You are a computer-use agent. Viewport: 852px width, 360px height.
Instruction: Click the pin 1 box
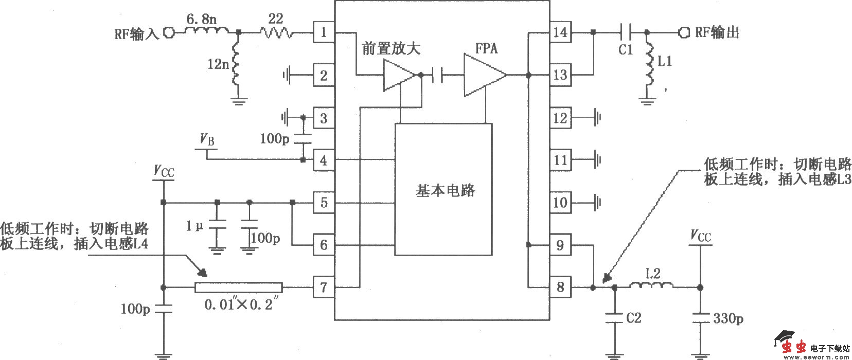pos(324,33)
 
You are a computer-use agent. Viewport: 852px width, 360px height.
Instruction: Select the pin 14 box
pos(560,33)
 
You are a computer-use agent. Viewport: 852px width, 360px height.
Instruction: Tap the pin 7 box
pos(324,287)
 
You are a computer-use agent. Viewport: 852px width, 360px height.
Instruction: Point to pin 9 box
pos(560,245)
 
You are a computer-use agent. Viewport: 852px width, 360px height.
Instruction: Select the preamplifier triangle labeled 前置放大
pos(398,76)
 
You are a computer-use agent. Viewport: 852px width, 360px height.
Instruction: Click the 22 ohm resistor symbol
pos(276,33)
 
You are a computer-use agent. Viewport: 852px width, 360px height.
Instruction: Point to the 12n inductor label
pos(218,64)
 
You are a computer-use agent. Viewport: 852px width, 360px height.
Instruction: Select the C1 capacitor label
pos(626,49)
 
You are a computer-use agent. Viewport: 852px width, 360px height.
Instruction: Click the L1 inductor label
pos(665,62)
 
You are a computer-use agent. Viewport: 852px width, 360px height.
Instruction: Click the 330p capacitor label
pos(727,319)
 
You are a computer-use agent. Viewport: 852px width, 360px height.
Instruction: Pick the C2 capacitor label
pos(633,318)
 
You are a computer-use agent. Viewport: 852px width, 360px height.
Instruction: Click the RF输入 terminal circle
pos(169,33)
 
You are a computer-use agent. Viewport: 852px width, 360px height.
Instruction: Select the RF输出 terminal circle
pos(684,33)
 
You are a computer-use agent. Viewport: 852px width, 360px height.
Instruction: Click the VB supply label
pos(207,139)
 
